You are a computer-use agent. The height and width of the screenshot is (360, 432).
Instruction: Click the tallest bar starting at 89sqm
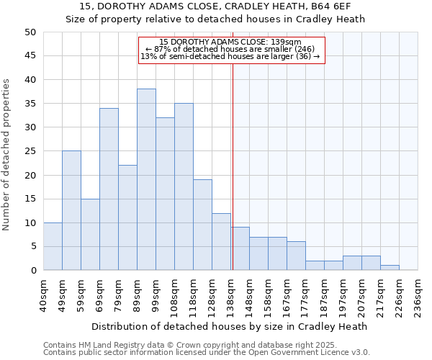pyautogui.click(x=146, y=179)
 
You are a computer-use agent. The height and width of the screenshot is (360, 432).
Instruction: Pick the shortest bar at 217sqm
pyautogui.click(x=390, y=268)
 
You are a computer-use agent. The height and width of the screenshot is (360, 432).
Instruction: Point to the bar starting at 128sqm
pyautogui.click(x=221, y=242)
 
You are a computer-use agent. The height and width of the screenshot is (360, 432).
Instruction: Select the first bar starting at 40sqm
pyautogui.click(x=53, y=246)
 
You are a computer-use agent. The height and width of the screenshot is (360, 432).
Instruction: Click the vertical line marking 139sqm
pyautogui.click(x=233, y=166)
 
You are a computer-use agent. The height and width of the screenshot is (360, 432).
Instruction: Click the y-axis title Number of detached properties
pyautogui.click(x=7, y=155)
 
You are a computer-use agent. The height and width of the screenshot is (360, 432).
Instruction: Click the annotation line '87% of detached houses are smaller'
pyautogui.click(x=231, y=49)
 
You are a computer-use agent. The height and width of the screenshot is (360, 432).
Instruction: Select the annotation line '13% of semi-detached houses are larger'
pyautogui.click(x=230, y=56)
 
